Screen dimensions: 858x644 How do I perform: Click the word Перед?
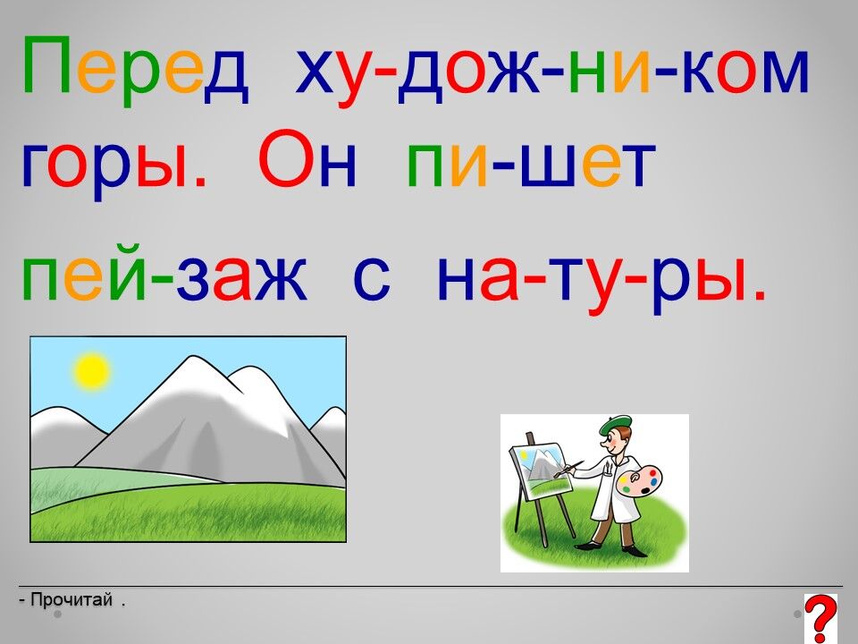(135, 70)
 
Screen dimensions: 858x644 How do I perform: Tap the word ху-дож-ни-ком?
(552, 70)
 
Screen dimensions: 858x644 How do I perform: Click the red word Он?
(307, 159)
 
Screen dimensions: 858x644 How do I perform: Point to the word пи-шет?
(531, 164)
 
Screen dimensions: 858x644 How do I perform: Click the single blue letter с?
(372, 279)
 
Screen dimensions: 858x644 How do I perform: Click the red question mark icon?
(820, 619)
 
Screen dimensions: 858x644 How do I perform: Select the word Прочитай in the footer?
(71, 600)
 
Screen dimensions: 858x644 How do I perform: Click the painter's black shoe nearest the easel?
(589, 546)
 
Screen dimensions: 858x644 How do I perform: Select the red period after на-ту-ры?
(759, 295)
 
